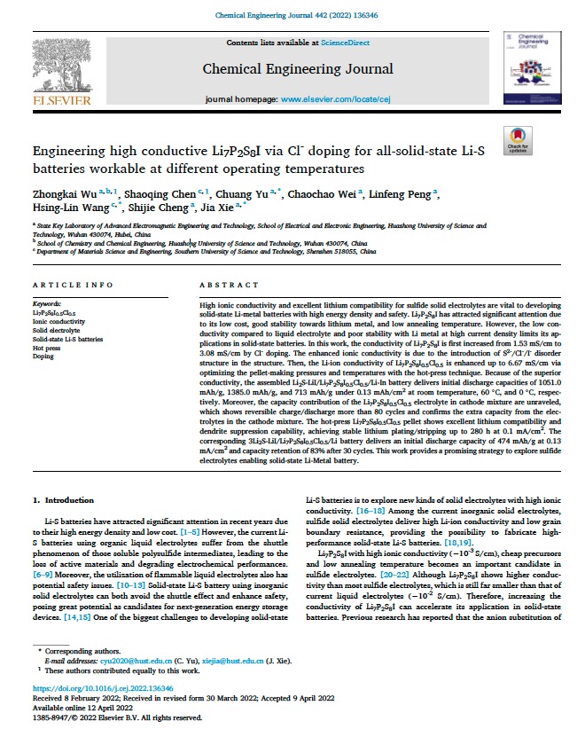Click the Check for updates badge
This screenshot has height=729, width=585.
tap(517, 139)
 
